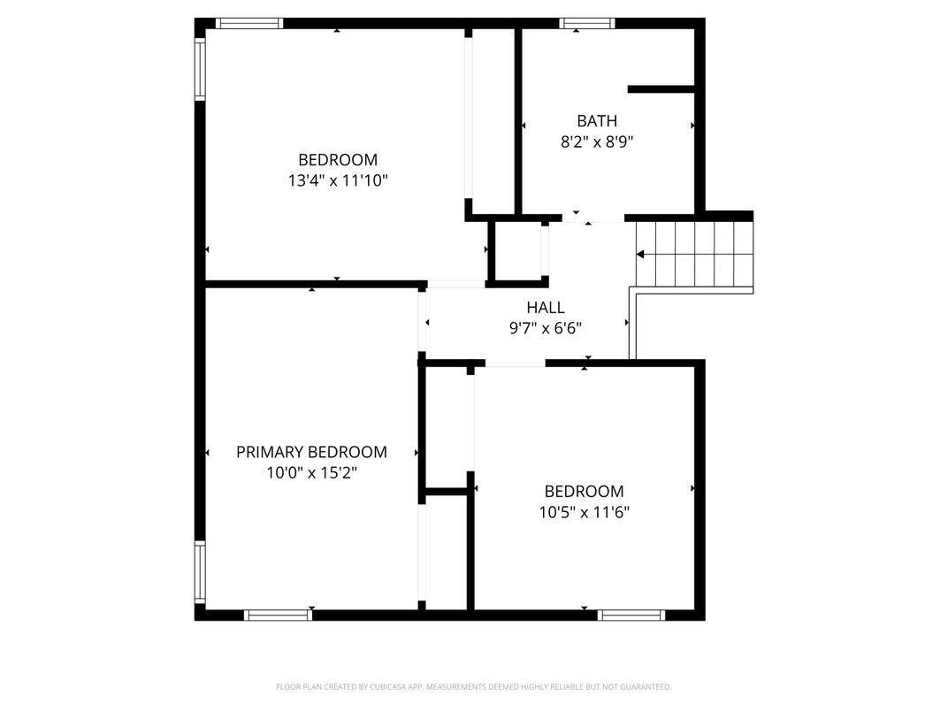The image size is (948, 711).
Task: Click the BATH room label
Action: pos(597,121)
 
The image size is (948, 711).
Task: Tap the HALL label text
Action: pos(546,307)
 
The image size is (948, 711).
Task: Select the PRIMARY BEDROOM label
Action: pos(311,452)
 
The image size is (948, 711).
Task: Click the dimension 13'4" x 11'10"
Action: pos(337,180)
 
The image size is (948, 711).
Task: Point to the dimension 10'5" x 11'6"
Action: pos(584,512)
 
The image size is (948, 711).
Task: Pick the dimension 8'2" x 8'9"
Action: pos(597,142)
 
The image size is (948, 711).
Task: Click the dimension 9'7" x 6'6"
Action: pos(546,328)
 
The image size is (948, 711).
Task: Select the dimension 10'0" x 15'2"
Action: pos(311,473)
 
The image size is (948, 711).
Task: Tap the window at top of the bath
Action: pos(586,24)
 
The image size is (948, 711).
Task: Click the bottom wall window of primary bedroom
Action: pos(278,615)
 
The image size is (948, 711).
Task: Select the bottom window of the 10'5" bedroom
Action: pos(631,615)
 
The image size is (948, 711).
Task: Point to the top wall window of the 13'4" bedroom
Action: pos(249,24)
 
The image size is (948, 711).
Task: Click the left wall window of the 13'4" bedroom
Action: pos(200,68)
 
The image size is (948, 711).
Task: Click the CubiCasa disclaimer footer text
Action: pos(473,687)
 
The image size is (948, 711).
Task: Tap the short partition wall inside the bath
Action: pos(661,89)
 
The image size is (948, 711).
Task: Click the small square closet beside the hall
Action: pos(518,253)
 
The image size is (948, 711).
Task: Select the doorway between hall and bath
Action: pos(593,218)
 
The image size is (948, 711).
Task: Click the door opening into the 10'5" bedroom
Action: pos(515,363)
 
